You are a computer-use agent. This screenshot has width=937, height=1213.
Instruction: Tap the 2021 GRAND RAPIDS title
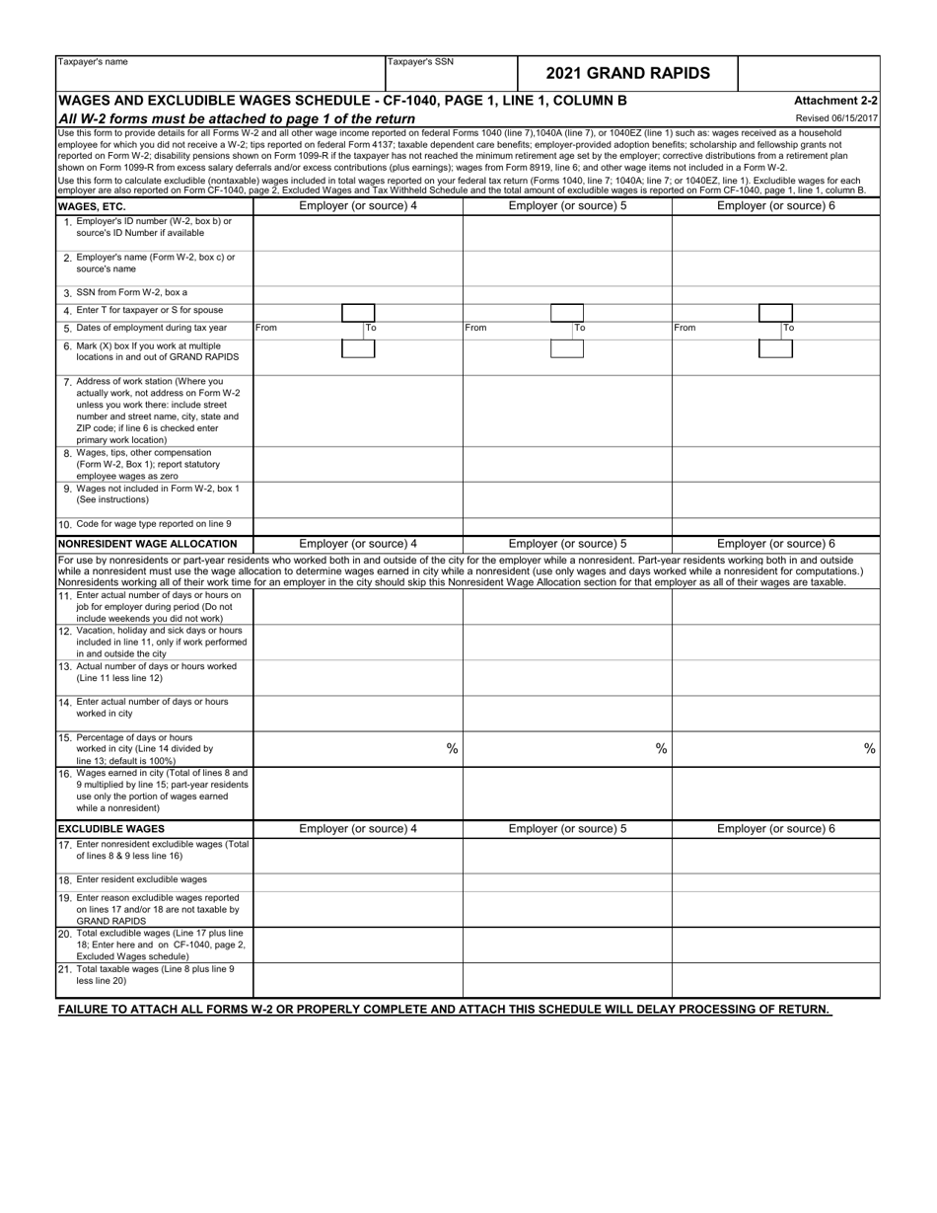[x=627, y=73]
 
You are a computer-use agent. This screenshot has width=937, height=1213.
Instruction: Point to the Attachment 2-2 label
[x=835, y=101]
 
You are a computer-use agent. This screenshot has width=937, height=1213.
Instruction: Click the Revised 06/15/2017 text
[x=836, y=118]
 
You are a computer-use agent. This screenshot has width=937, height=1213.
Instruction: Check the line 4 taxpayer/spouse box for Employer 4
[x=357, y=311]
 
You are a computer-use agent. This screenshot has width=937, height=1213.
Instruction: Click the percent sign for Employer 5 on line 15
[x=661, y=748]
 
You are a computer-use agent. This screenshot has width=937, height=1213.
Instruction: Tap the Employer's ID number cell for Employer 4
[x=358, y=232]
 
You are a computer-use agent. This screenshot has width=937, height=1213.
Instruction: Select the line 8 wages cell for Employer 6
[x=775, y=464]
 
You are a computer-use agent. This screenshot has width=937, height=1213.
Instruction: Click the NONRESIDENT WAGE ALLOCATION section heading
[x=148, y=544]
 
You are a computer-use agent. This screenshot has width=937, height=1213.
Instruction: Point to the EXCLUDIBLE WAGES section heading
[x=110, y=828]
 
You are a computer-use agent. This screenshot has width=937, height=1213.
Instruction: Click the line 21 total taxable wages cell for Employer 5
[x=567, y=979]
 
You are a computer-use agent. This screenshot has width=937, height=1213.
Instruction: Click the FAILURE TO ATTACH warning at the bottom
[x=445, y=1010]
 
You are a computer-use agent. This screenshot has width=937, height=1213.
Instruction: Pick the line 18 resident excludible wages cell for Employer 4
[x=358, y=879]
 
